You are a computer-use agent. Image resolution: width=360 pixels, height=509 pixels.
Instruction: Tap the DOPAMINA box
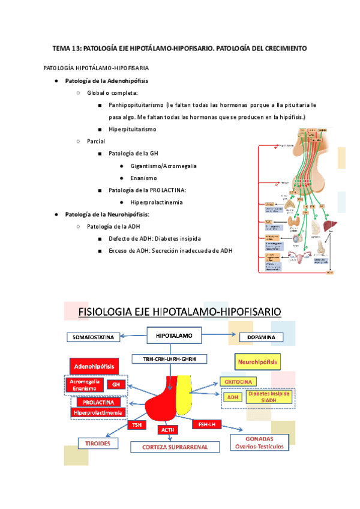261,337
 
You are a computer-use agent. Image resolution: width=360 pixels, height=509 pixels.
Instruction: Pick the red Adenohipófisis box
93,366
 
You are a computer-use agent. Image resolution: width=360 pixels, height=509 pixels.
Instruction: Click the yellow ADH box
233,397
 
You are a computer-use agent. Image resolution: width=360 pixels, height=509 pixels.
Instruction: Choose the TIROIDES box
95,443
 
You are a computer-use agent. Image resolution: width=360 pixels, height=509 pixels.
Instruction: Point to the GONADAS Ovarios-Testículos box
259,442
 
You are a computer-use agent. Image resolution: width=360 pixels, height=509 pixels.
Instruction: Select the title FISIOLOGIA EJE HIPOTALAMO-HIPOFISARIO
179,312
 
